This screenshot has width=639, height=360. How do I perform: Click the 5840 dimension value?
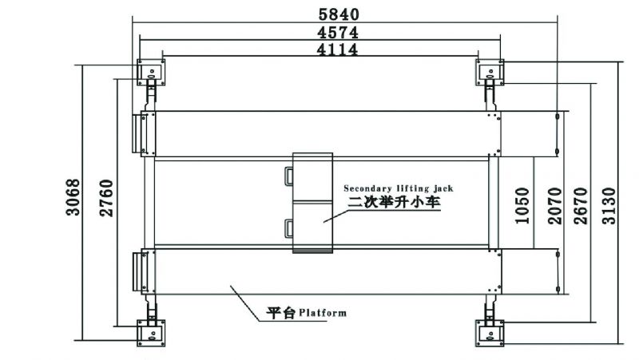tap(339, 14)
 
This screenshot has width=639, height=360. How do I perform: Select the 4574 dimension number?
tap(338, 33)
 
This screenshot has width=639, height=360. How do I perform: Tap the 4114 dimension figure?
tap(337, 49)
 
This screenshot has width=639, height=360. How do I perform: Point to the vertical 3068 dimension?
tap(73, 197)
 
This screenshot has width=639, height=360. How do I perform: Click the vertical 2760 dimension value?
tap(107, 198)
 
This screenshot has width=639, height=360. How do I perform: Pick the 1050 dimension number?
tap(522, 206)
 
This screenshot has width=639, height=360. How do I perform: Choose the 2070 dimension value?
tap(555, 206)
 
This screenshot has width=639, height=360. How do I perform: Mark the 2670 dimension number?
tap(581, 206)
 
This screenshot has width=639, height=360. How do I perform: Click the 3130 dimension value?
tap(609, 206)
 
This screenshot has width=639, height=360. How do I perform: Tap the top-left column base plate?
tap(151, 72)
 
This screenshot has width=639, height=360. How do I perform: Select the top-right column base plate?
tap(490, 72)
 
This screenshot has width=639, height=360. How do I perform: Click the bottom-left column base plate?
tap(151, 333)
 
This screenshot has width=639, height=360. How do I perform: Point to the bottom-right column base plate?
tap(490, 333)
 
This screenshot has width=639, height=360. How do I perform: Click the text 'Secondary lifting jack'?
tap(399, 188)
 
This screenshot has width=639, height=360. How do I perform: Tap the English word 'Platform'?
tap(323, 313)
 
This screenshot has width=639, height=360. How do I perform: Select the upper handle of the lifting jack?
tap(289, 176)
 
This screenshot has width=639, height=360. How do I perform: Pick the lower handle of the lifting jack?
tap(289, 228)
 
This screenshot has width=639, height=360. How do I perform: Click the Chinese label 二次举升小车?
tap(394, 203)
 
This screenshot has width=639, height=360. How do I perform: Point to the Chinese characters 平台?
tap(281, 313)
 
